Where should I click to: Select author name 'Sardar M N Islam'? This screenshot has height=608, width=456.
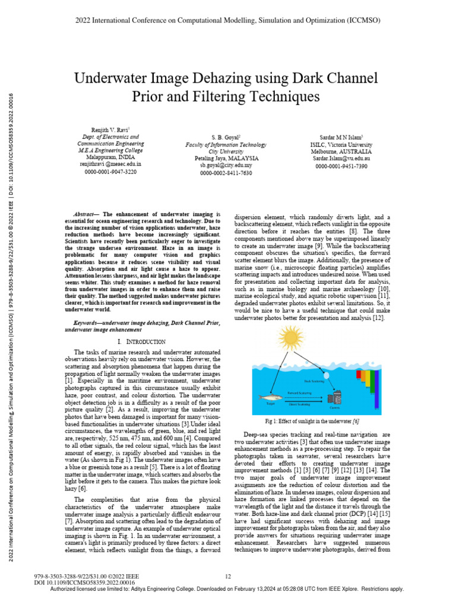tap(339, 136)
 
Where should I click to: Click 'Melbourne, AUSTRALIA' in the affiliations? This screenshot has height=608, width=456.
tap(339, 151)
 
